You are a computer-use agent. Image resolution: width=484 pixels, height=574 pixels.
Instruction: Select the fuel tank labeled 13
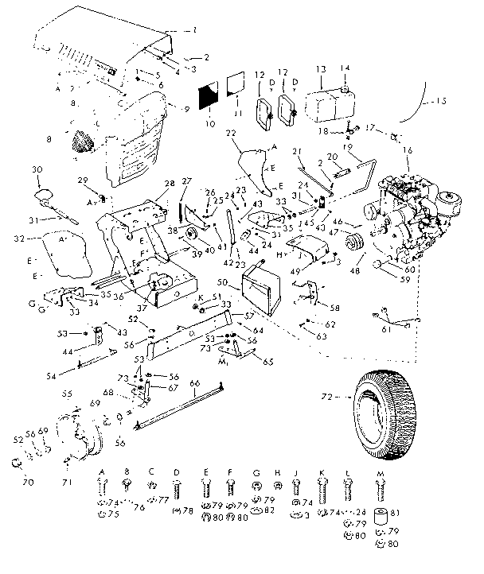[322, 103]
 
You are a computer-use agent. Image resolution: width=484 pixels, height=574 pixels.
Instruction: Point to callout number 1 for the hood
[191, 30]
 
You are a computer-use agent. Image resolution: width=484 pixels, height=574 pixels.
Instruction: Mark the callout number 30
[36, 169]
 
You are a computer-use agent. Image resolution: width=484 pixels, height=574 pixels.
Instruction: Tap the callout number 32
[18, 237]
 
